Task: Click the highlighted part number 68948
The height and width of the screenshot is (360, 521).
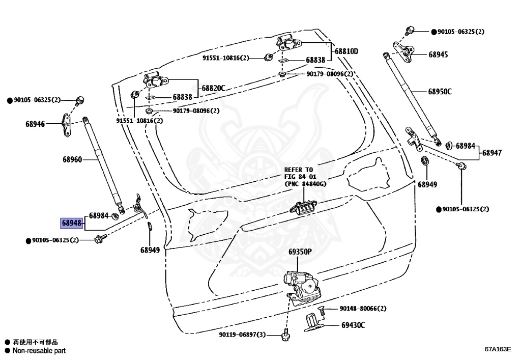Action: coord(72,223)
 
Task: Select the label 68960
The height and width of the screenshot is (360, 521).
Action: coord(72,159)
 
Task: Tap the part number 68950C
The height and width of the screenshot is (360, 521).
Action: coord(440,92)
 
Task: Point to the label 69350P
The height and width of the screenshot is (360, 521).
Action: coord(300,252)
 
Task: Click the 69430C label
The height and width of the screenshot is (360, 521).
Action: coord(353,324)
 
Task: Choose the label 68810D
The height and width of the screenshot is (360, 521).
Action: coord(346,51)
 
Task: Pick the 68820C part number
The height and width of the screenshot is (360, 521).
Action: coord(213,88)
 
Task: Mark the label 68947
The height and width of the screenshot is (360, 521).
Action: coord(492,153)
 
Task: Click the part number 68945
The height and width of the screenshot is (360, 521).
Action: coord(438,54)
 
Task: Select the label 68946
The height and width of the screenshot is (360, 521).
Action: coord(36,123)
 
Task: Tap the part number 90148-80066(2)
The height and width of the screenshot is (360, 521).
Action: coord(363,309)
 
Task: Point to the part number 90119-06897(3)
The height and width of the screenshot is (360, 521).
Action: coord(243,335)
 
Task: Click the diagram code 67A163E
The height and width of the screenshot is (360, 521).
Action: coord(497,349)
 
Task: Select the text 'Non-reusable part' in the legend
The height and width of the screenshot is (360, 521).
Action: coord(39,350)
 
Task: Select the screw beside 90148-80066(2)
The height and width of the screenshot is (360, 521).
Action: coord(322,309)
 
